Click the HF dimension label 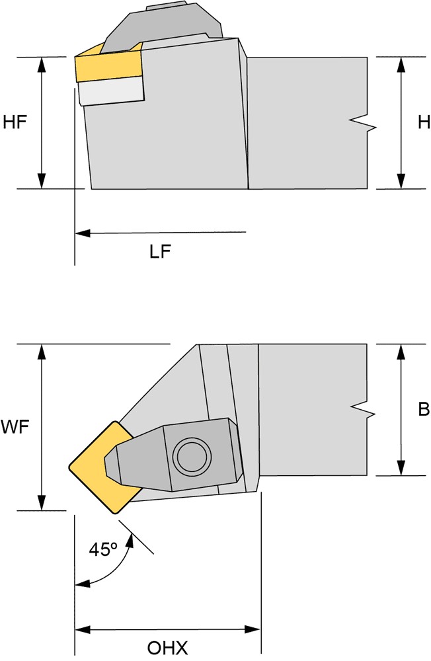pyautogui.click(x=15, y=123)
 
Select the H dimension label pyautogui.click(x=424, y=123)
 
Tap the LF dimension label pyautogui.click(x=160, y=252)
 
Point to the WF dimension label pyautogui.click(x=15, y=428)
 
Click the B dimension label pyautogui.click(x=424, y=409)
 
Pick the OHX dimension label pyautogui.click(x=167, y=648)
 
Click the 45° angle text pyautogui.click(x=102, y=550)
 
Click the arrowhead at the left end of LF pyautogui.click(x=83, y=232)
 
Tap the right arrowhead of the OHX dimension pyautogui.click(x=253, y=630)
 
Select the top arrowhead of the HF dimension pyautogui.click(x=42, y=65)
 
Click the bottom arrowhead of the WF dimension pyautogui.click(x=42, y=502)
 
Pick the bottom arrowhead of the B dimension pyautogui.click(x=401, y=468)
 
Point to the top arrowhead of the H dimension pyautogui.click(x=401, y=65)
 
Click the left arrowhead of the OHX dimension pyautogui.click(x=83, y=630)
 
